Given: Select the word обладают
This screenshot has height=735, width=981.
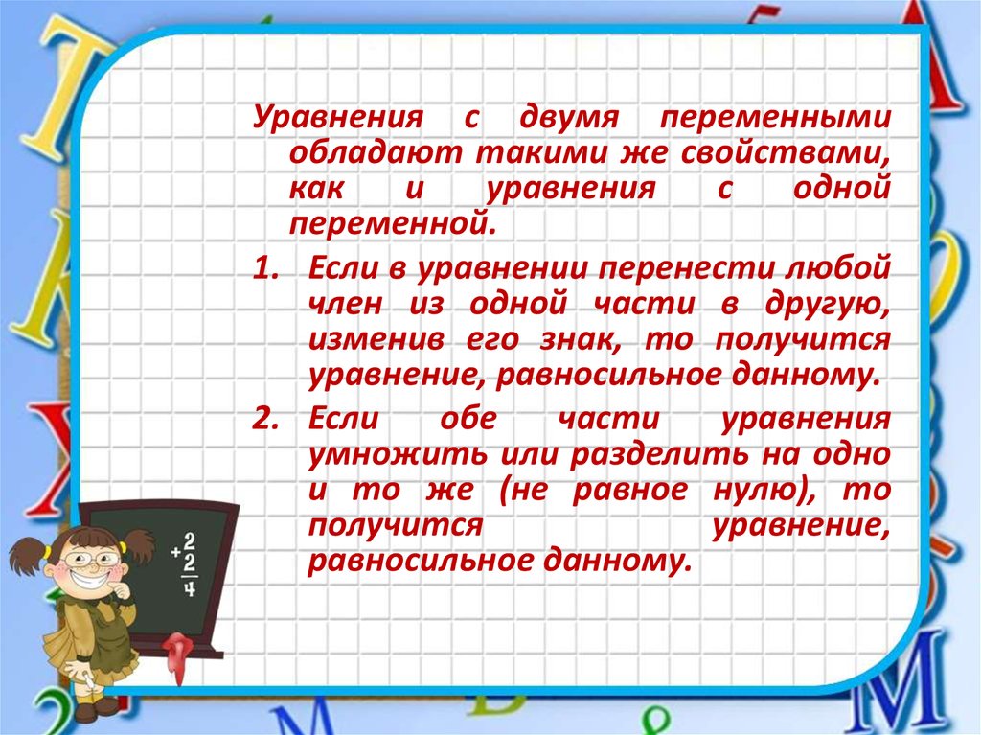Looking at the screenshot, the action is pos(376,154).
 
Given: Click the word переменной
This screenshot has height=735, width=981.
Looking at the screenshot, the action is pos(392,224).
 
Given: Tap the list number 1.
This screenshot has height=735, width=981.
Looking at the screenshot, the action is pos(265,268).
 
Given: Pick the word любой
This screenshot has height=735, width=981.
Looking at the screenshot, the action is pos(835,268).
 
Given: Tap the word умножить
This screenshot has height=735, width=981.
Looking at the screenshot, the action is pos(398,454).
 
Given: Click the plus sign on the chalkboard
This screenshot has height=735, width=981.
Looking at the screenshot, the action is pos(176,552).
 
